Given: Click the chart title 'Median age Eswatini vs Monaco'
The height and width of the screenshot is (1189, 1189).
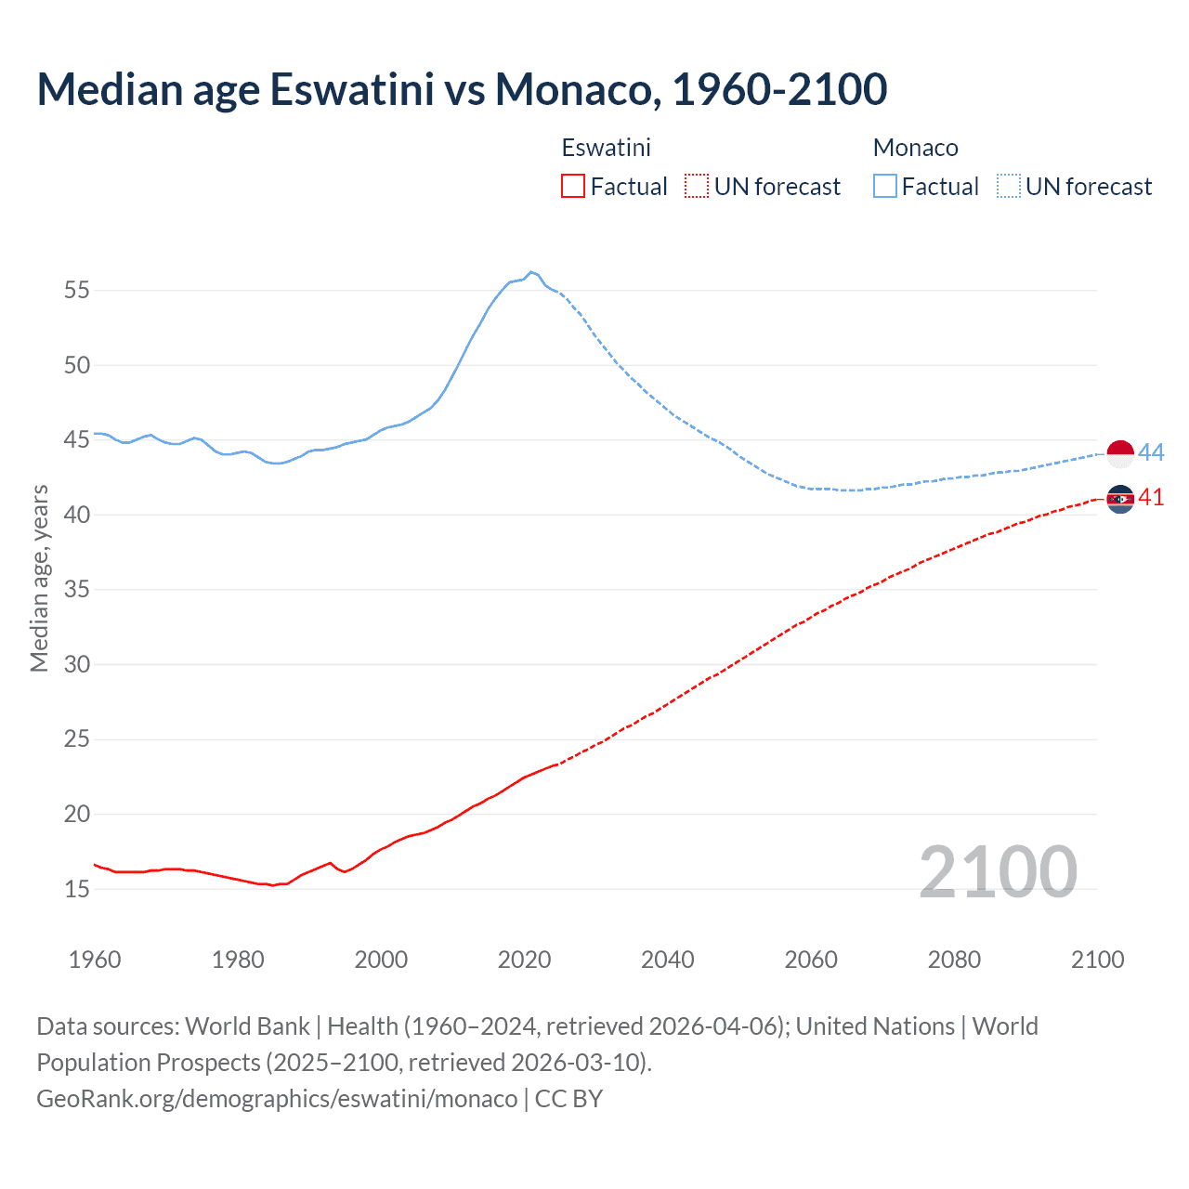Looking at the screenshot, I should pos(462,89).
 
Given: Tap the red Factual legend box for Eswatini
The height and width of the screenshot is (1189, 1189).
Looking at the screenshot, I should pos(573,187).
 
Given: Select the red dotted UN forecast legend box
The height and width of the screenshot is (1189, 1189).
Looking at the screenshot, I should pos(697,187).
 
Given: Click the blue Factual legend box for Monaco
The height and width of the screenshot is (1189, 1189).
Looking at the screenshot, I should pos(885,187).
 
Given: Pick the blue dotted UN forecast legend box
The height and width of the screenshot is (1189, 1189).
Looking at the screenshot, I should pos(1009,187).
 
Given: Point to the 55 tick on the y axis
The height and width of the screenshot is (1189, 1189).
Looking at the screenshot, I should pos(77,290).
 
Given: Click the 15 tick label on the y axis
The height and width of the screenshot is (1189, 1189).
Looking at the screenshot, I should pos(77,889).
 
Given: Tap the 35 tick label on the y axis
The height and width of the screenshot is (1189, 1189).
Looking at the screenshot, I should pos(77,590).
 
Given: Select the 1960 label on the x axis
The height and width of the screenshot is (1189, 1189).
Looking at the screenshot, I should pos(95,960).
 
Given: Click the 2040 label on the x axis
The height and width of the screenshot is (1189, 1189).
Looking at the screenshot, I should pos(668,960).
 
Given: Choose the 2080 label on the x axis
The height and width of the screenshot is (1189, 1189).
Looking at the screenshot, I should pos(954,960).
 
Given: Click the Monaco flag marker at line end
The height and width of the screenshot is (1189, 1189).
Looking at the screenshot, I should pos(1120,454).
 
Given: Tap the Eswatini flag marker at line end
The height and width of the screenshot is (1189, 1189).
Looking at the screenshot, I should pos(1120,500).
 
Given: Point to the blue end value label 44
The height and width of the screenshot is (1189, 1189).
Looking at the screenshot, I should pos(1151,452).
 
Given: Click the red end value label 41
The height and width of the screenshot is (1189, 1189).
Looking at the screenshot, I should pos(1151,498).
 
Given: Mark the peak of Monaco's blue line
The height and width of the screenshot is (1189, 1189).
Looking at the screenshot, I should pos(530,272).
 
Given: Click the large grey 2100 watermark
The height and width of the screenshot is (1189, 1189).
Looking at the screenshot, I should pos(998,872).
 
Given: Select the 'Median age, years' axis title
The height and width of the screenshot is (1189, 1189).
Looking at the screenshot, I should pos(39,578).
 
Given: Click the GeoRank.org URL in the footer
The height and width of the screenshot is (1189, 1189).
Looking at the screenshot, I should pos(277,1098).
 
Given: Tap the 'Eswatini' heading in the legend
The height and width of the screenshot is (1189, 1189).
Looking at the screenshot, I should pos(606,148).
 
